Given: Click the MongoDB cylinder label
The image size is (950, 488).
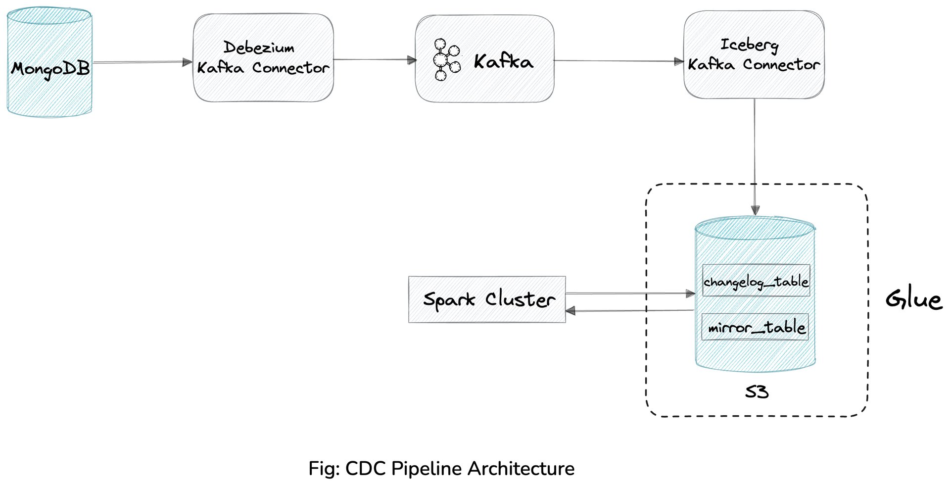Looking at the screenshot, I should click(50, 68).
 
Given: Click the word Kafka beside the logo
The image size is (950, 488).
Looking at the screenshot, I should click(504, 62).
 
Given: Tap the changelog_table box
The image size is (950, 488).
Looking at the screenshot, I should click(756, 281).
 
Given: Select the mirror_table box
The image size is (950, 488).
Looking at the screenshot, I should click(755, 327).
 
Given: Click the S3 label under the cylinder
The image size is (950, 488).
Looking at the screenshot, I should click(757, 392).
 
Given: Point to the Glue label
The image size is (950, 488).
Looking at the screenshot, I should click(913, 300).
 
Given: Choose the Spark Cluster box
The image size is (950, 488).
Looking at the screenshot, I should click(487, 299).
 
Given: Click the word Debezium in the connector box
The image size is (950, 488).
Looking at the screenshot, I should click(259, 48).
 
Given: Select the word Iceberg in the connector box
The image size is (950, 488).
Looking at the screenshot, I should click(749, 45).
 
